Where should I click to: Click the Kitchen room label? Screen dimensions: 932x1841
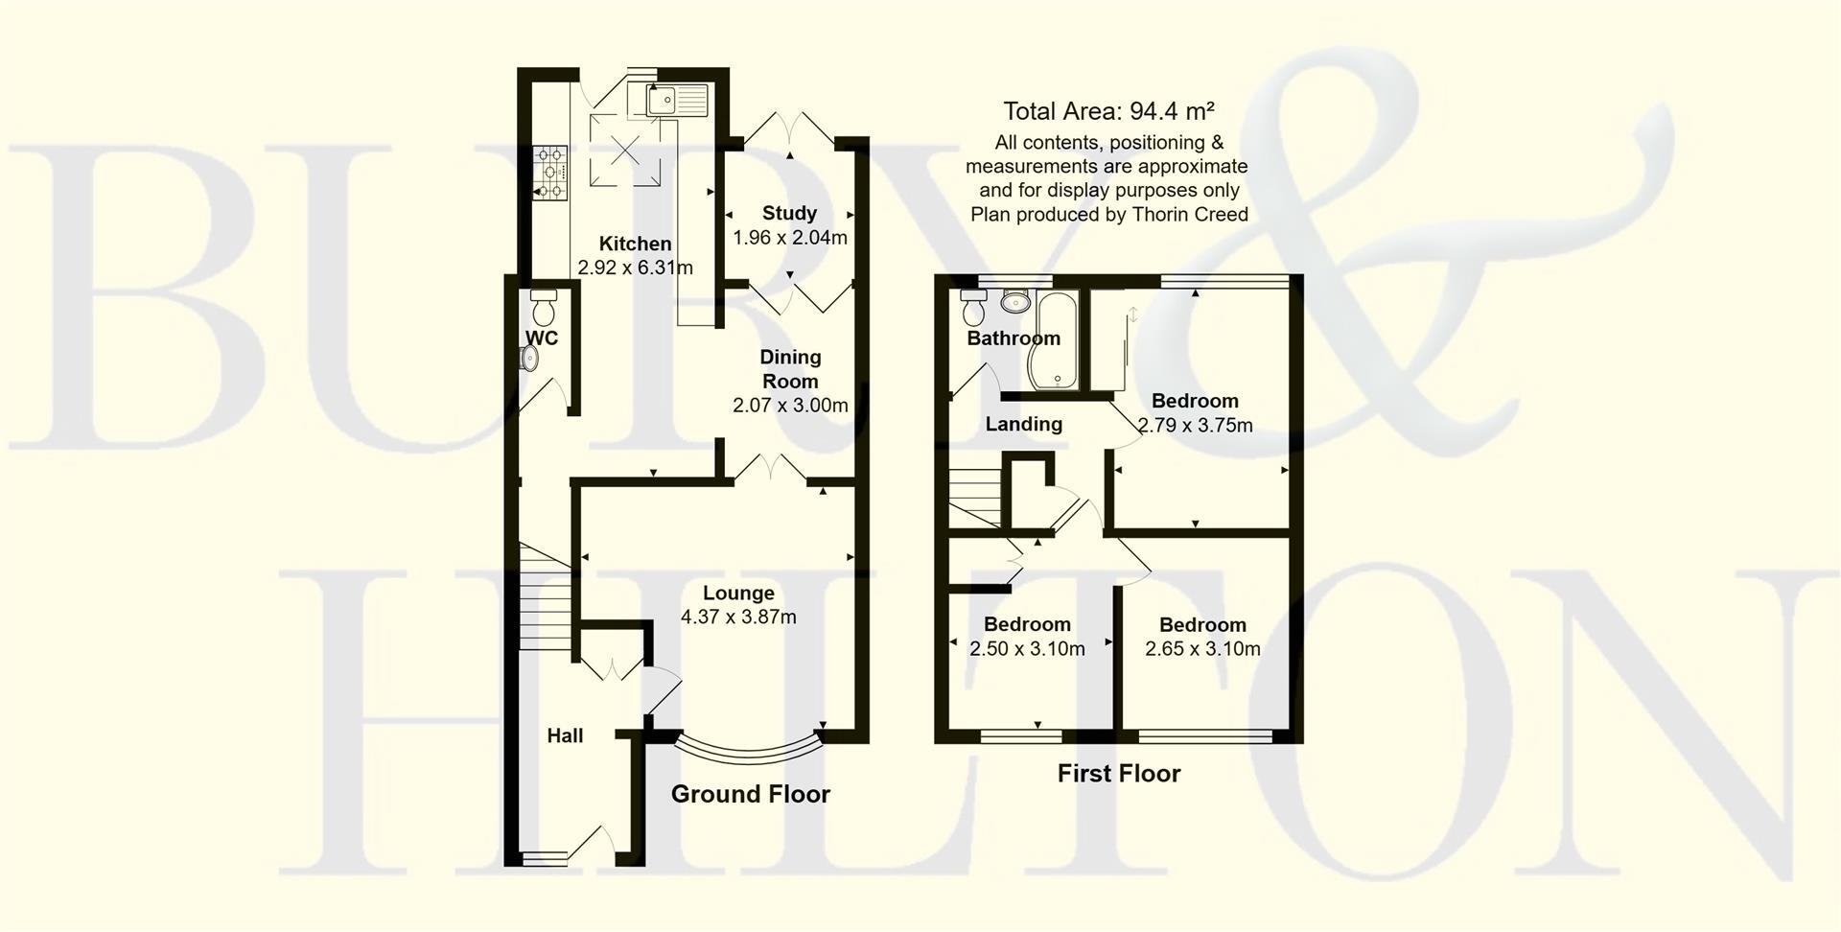pos(635,244)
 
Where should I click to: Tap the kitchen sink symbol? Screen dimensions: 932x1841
pos(676,100)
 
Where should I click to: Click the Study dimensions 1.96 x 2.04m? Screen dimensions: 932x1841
pos(789,238)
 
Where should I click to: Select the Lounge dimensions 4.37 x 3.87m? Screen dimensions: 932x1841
pos(738,617)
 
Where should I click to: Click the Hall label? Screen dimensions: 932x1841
pos(565,735)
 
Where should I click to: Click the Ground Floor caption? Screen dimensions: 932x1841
pos(750,794)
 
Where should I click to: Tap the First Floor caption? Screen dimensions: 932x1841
pos(1118,773)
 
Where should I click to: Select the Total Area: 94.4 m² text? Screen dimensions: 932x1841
pos(1108,111)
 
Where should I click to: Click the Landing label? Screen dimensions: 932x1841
pos(1023,424)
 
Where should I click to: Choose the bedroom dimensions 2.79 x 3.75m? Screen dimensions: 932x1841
pos(1195,425)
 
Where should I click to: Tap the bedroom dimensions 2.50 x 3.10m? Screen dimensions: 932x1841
pos(1026,649)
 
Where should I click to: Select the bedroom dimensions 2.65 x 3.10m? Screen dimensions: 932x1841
pos(1202,649)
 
